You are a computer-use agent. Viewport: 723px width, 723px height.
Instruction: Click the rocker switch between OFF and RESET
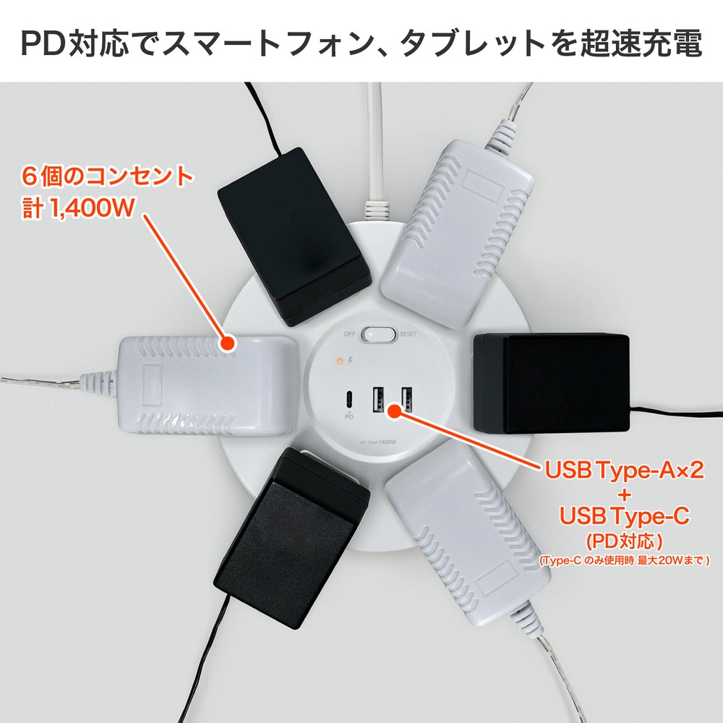(x=380, y=335)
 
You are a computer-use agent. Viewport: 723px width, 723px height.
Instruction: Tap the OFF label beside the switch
(x=350, y=335)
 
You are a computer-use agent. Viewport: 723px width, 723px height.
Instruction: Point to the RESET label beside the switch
(x=408, y=335)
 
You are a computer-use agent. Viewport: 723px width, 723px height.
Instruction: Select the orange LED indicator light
(x=339, y=359)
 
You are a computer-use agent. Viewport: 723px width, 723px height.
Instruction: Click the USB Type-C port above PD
(x=349, y=398)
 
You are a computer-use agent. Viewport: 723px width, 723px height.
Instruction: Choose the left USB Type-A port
(x=377, y=400)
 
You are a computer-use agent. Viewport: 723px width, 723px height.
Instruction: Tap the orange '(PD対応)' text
(x=623, y=541)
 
